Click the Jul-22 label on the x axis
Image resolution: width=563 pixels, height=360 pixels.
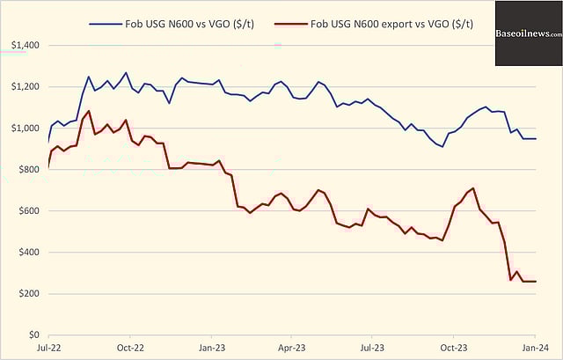(x=48, y=349)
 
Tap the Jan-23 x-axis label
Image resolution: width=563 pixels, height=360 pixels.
(x=211, y=349)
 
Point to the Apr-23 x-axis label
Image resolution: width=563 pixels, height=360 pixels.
(x=290, y=349)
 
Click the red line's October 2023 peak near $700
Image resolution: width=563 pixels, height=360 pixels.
(x=474, y=188)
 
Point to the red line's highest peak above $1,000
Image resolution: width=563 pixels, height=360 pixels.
(x=89, y=111)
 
